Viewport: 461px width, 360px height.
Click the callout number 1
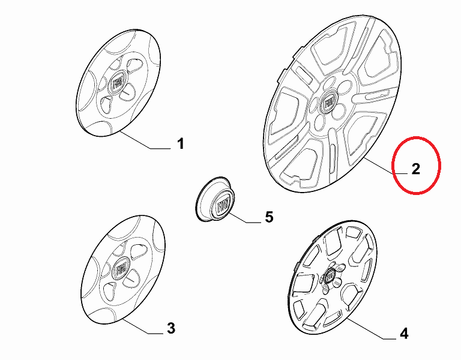pyautogui.click(x=180, y=144)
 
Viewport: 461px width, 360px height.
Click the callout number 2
pyautogui.click(x=416, y=169)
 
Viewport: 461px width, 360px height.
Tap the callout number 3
pyautogui.click(x=171, y=328)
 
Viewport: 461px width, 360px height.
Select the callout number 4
pyautogui.click(x=404, y=334)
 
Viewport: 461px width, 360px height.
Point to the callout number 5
pyautogui.click(x=269, y=217)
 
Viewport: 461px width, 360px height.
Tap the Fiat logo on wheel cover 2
pyautogui.click(x=329, y=103)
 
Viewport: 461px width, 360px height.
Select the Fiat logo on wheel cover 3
pyautogui.click(x=120, y=268)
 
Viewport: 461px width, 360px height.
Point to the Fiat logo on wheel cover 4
pyautogui.click(x=330, y=275)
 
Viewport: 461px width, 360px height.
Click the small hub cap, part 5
pyautogui.click(x=215, y=199)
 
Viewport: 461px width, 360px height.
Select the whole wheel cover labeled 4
pyautogui.click(x=331, y=277)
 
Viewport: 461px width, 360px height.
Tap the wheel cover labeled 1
pyautogui.click(x=118, y=83)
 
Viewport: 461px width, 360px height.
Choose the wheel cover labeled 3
pyautogui.click(x=122, y=269)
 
